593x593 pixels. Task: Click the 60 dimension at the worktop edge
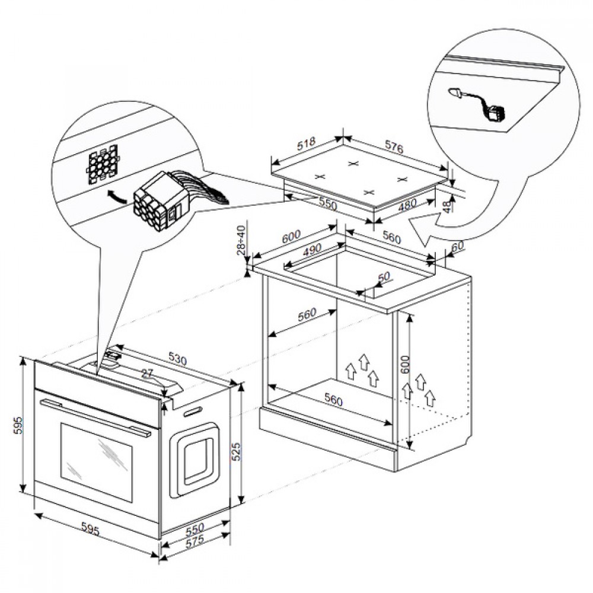coord(457,246)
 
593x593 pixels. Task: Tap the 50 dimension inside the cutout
coord(383,277)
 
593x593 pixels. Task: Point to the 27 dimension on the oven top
coord(148,373)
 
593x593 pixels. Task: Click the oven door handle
coord(95,417)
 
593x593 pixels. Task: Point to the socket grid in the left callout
coord(101,165)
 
